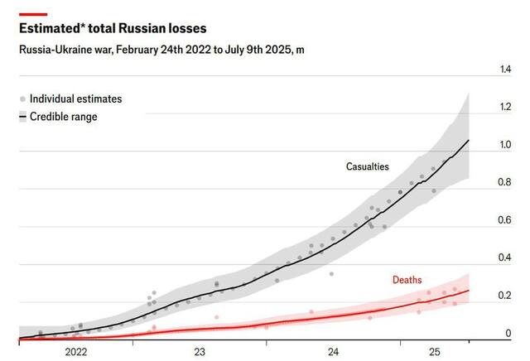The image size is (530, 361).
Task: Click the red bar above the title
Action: point(32,14)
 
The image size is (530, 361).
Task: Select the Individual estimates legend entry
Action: point(75,99)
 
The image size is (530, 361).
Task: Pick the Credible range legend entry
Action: point(63,117)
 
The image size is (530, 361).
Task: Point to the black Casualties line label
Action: point(367,166)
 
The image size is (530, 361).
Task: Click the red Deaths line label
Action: point(407,280)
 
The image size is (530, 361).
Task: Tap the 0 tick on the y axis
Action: point(508,333)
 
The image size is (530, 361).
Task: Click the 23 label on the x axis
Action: point(200,351)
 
